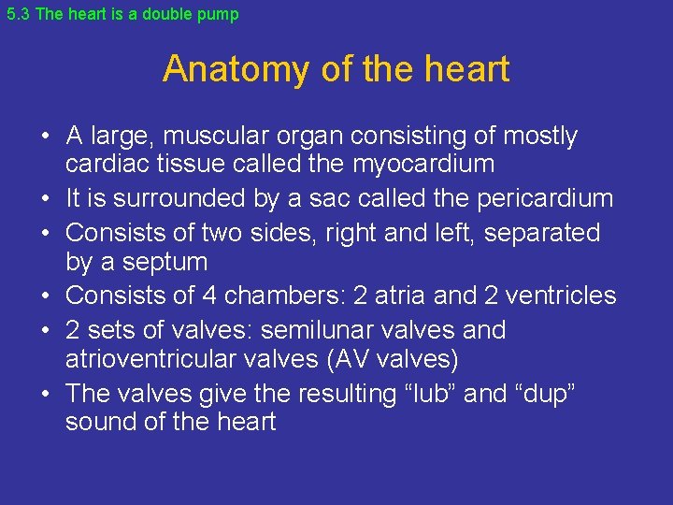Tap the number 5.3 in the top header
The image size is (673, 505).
[18, 15]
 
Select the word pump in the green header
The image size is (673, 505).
[221, 15]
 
